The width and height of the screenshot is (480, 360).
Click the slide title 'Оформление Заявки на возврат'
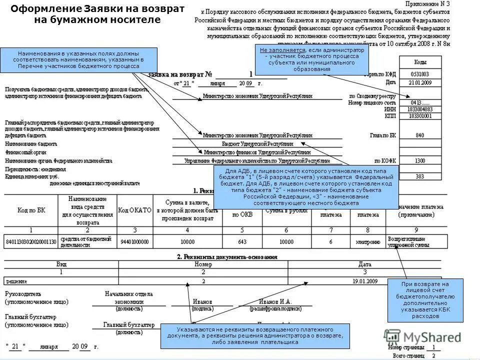coord(97,9)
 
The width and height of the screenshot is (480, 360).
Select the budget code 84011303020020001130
coord(30,242)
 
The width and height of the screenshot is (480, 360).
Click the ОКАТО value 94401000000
coord(134,242)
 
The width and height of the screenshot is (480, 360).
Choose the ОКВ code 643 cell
coord(241,242)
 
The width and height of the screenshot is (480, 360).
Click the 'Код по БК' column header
coord(30,210)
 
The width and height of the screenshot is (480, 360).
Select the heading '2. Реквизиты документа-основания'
coord(226,256)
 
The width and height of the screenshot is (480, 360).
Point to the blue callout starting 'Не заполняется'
coord(312,59)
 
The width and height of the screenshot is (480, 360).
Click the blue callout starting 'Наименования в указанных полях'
coord(79,59)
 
